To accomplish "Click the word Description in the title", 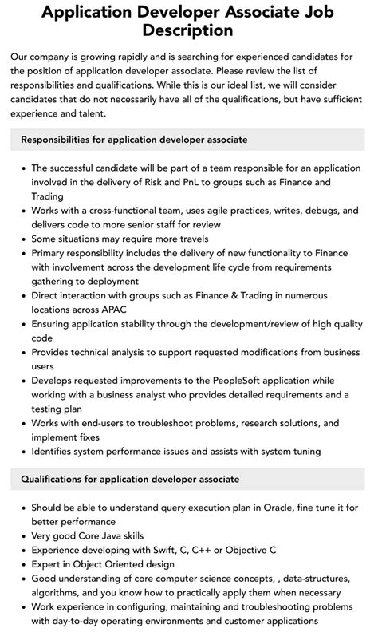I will click(188, 30).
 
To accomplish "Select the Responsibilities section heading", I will click(134, 140).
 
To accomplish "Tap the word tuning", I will click(304, 451).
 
